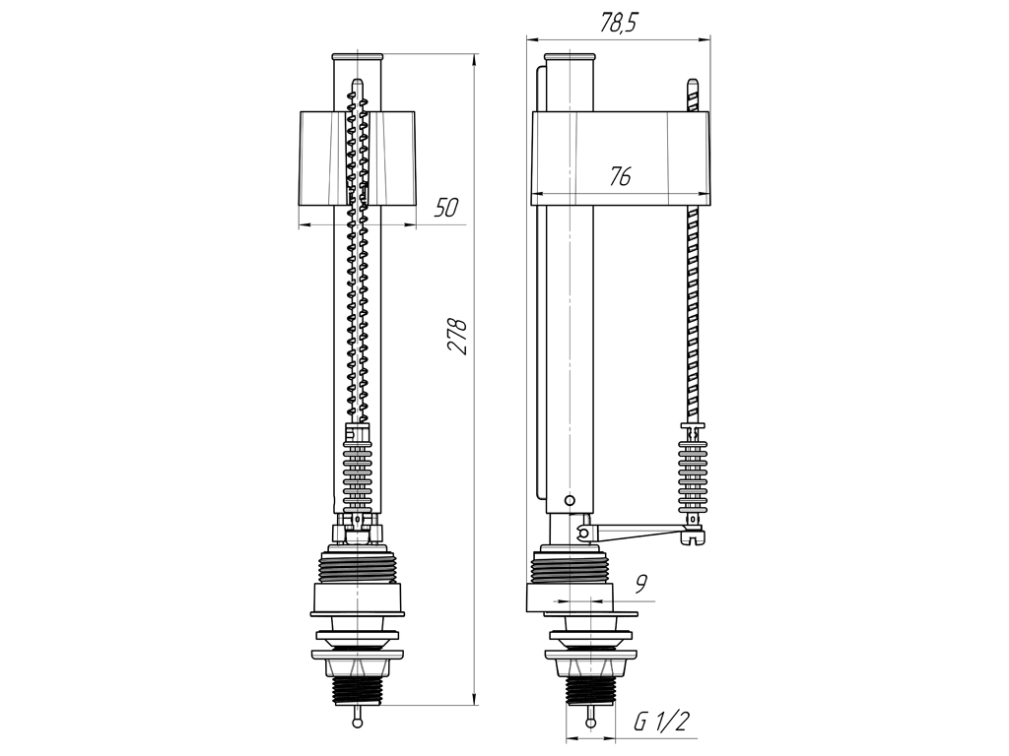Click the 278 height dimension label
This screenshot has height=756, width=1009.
[x=457, y=336]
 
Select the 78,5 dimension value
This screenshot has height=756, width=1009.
[x=618, y=24]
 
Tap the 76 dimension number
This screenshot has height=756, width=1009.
[x=621, y=176]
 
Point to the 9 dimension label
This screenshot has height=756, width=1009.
[x=640, y=584]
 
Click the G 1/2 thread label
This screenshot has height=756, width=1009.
[x=661, y=722]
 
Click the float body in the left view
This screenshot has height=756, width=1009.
[x=357, y=158]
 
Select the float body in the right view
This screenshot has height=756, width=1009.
[x=620, y=158]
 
